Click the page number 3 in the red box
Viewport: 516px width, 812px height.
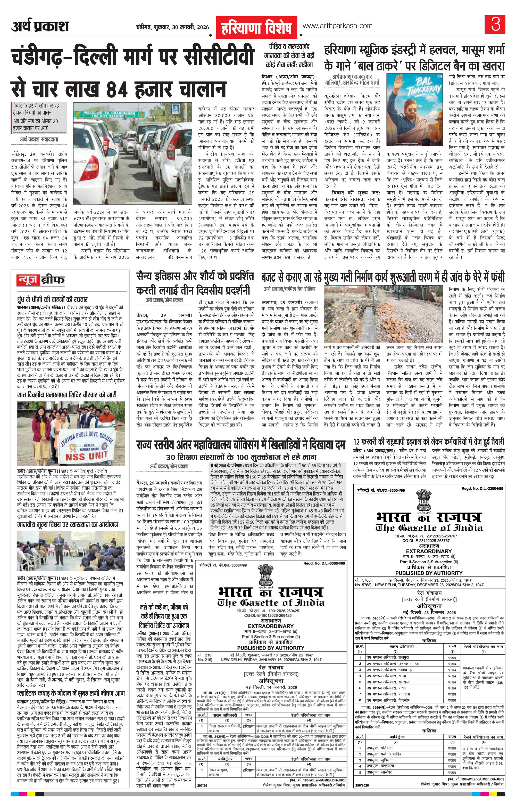495,26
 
